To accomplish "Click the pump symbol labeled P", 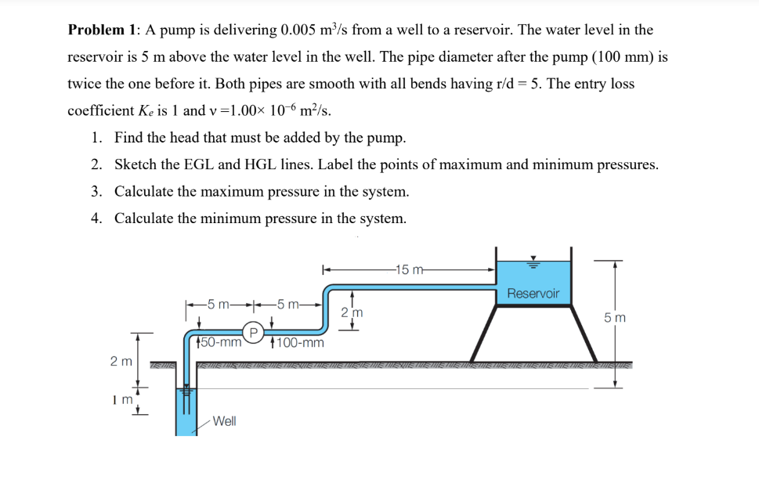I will click(253, 331).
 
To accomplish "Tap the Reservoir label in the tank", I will click(533, 294).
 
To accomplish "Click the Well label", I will click(224, 421).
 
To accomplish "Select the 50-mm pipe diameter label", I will click(219, 342).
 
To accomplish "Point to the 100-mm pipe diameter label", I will click(298, 342).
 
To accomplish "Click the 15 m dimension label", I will click(410, 271).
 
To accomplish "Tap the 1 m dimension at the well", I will click(119, 399).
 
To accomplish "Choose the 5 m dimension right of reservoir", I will click(614, 318).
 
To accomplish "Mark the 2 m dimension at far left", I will click(120, 361).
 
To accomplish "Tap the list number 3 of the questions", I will click(95, 191).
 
